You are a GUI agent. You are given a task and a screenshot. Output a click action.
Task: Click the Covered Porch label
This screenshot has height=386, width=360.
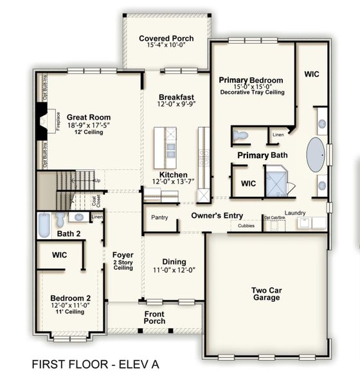click(166, 39)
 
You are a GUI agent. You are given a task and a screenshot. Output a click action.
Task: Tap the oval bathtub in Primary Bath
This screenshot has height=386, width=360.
click(315, 154)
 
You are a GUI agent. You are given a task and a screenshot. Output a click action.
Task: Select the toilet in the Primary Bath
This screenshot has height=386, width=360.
click(241, 136)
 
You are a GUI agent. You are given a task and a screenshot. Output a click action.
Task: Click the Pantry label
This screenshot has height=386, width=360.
click(159, 217)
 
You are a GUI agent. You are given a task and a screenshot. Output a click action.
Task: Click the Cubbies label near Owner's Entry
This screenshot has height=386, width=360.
click(246, 225)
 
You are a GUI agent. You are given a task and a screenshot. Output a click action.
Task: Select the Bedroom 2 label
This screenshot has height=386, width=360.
click(70, 298)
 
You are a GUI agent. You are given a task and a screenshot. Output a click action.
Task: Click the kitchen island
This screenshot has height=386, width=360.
click(170, 149)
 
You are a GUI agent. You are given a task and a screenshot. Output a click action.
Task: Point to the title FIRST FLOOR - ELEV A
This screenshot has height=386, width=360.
click(94, 365)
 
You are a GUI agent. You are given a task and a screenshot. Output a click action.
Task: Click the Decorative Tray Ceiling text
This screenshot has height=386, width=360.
click(252, 93)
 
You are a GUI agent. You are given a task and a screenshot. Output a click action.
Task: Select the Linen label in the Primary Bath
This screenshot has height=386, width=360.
click(278, 134)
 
